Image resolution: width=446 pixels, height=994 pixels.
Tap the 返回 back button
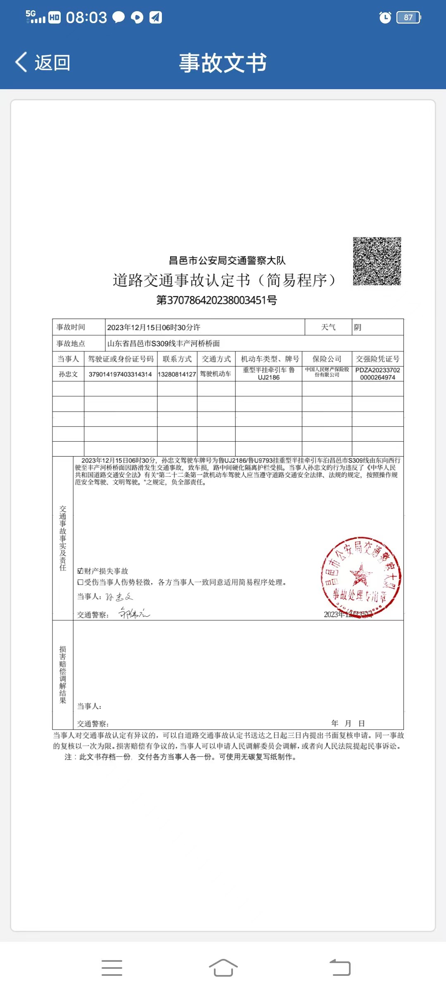(43, 63)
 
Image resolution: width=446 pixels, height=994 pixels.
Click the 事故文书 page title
(223, 63)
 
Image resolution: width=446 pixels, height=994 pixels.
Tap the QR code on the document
(377, 261)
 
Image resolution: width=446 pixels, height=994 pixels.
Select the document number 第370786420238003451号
(216, 300)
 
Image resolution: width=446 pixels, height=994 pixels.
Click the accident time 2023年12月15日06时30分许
(154, 327)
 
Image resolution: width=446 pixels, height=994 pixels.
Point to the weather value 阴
(358, 327)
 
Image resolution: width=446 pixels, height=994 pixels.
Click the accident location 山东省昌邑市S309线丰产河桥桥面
(164, 343)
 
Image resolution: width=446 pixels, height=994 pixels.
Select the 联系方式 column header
(177, 359)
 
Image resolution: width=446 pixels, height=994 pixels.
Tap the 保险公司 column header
(327, 359)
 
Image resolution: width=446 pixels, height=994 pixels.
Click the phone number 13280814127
(177, 374)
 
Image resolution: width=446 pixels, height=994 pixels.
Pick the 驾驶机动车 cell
(216, 374)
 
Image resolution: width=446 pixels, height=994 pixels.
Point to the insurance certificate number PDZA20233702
(377, 370)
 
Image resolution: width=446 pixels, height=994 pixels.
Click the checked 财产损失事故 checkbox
(81, 571)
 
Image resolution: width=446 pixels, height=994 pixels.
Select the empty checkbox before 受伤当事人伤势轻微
(81, 582)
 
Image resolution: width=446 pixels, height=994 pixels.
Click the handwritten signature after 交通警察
(134, 613)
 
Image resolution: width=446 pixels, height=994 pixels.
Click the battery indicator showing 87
(408, 17)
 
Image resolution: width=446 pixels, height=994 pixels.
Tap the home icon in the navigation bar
(223, 968)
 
